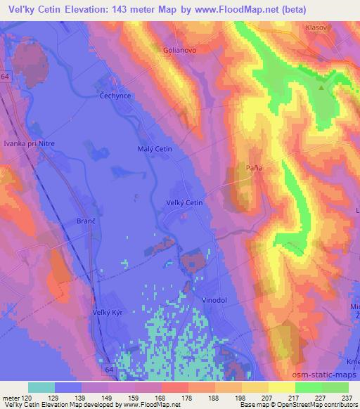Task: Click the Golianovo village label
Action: click(x=178, y=51)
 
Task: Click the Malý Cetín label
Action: click(x=154, y=149)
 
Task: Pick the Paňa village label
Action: click(x=255, y=168)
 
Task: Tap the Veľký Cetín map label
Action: click(x=184, y=203)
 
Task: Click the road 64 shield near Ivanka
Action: click(x=6, y=75)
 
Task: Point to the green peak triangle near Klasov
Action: click(x=321, y=89)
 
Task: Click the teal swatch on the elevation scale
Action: click(x=41, y=387)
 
